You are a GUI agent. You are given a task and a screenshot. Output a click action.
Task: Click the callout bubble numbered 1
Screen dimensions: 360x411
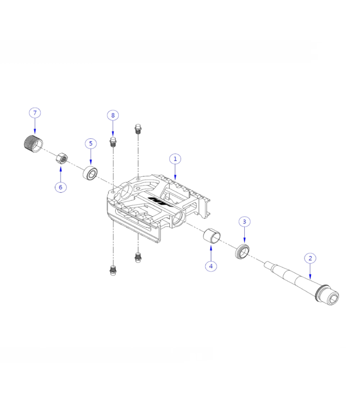[175, 159]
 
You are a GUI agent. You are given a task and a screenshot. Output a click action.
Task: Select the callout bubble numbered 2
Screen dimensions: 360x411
[310, 258]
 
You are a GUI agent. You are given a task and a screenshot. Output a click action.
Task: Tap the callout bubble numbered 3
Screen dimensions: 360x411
[244, 222]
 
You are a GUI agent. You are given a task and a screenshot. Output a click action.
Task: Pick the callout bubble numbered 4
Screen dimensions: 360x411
[211, 266]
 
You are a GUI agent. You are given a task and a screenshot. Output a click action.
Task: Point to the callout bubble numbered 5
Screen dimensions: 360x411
[91, 143]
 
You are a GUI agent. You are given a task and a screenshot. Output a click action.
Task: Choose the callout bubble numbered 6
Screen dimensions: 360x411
[61, 187]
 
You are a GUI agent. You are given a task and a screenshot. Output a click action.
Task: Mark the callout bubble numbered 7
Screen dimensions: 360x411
[35, 113]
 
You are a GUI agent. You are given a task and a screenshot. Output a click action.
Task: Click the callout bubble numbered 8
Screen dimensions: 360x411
[113, 115]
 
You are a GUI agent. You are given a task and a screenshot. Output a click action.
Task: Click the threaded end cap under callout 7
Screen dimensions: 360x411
[33, 144]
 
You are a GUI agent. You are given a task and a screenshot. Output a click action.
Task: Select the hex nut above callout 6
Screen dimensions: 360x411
[62, 158]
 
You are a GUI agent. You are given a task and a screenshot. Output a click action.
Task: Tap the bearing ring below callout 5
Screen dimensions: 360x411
[91, 173]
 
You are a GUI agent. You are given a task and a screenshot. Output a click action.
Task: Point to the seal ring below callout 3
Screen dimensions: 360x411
[242, 251]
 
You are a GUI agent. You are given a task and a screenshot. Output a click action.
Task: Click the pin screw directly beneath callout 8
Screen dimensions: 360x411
[113, 142]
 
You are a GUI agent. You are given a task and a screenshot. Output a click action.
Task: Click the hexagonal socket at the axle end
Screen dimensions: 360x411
[332, 298]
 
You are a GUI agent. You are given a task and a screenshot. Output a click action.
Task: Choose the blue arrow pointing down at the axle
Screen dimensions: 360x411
[310, 272]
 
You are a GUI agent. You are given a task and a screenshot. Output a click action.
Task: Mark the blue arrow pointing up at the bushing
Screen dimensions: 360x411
[211, 252]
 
